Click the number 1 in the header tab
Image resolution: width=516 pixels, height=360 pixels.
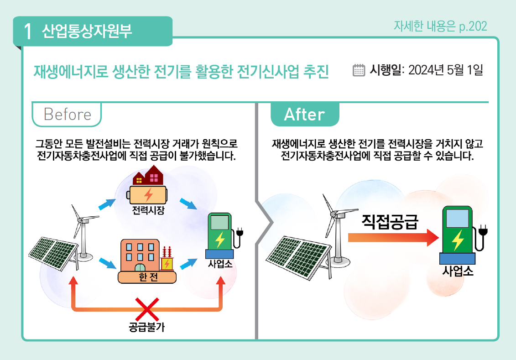(28, 31)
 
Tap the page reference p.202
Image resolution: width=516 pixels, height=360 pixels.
(473, 26)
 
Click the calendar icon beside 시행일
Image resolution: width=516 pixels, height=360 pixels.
(360, 70)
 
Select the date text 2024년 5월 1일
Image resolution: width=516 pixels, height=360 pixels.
(445, 70)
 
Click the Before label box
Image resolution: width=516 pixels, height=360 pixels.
(67, 114)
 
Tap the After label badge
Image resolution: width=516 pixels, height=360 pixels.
(304, 114)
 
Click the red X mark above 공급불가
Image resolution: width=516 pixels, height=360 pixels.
(147, 309)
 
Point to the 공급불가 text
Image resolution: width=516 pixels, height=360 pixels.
(147, 327)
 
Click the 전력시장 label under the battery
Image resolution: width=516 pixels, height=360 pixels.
(148, 210)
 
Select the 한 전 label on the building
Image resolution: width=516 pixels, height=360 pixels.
(146, 277)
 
